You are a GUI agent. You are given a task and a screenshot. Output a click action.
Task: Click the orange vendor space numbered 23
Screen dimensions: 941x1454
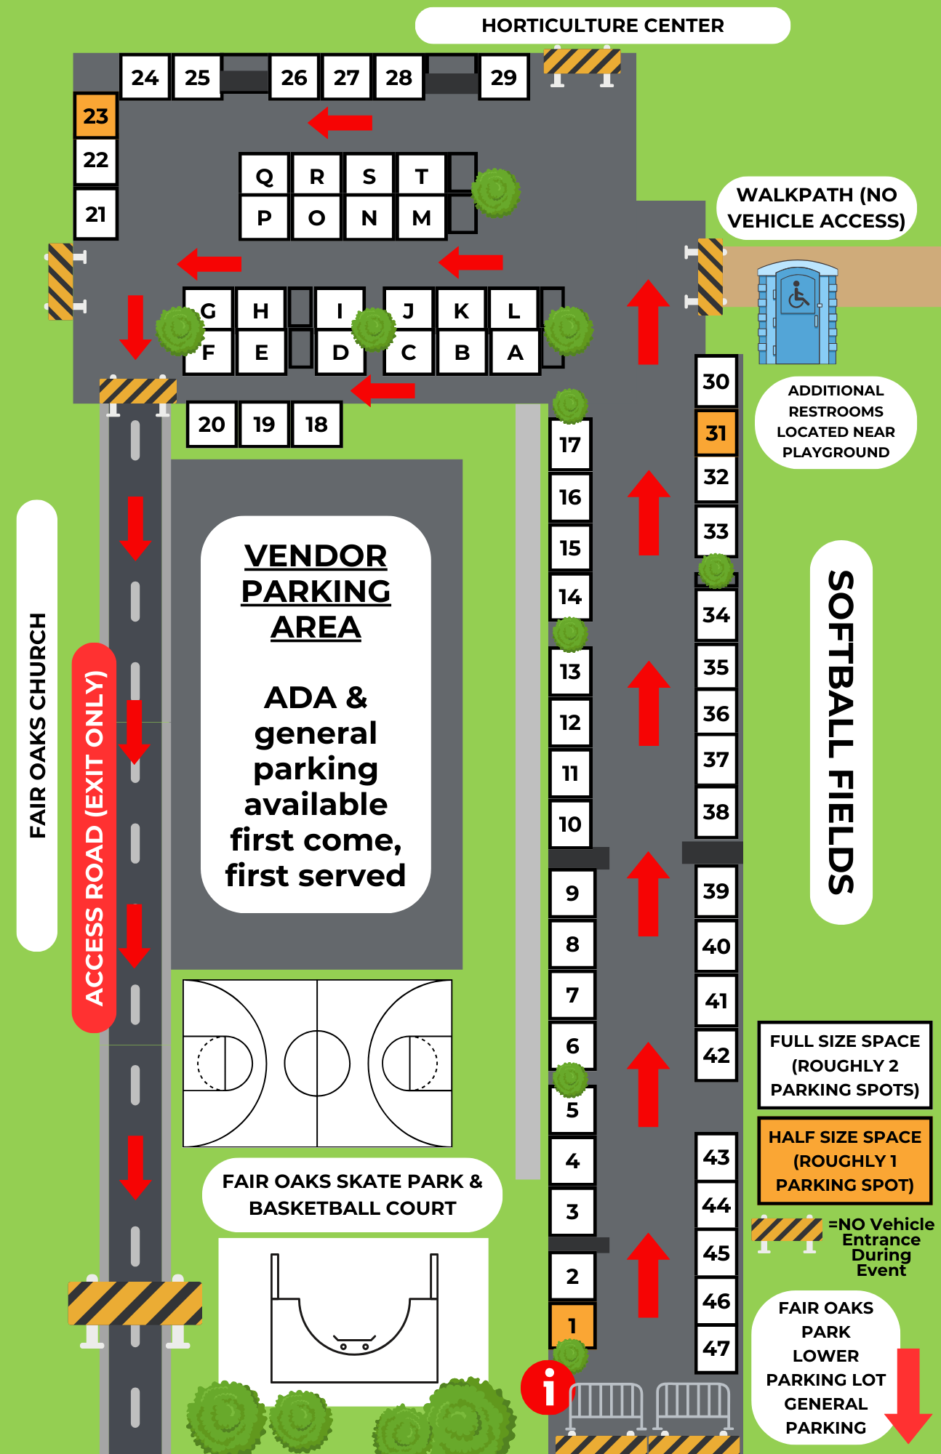(x=95, y=116)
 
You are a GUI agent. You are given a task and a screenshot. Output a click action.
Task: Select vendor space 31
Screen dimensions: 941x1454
(x=716, y=433)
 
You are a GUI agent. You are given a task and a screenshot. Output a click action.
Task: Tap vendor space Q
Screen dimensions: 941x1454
(x=265, y=175)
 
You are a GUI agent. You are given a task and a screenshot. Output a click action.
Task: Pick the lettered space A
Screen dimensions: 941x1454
(x=515, y=353)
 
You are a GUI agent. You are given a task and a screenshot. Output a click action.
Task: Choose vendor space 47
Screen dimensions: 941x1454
(x=716, y=1349)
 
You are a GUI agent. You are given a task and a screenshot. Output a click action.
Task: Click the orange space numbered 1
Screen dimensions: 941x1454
(x=572, y=1325)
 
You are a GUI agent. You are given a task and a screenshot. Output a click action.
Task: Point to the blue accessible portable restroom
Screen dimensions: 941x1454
(x=798, y=313)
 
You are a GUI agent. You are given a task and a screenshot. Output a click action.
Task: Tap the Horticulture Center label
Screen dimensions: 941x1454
(x=603, y=25)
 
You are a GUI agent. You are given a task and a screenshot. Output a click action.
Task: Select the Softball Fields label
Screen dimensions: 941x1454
(x=841, y=732)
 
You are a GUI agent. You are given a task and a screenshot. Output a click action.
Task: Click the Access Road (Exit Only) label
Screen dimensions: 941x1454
(x=95, y=838)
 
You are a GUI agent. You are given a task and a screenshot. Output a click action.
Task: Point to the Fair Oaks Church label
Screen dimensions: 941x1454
(x=37, y=726)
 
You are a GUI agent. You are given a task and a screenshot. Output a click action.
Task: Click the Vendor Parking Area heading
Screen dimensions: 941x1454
(x=316, y=591)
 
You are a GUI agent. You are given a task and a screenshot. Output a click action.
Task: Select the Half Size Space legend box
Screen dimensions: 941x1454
(x=845, y=1161)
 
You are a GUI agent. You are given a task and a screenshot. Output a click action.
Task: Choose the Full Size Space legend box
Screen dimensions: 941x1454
(x=845, y=1065)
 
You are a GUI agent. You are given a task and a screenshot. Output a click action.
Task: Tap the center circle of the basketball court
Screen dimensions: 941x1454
(x=317, y=1063)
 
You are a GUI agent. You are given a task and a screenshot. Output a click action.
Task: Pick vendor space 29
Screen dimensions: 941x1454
(x=503, y=77)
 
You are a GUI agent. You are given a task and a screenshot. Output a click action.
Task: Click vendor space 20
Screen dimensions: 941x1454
(x=212, y=424)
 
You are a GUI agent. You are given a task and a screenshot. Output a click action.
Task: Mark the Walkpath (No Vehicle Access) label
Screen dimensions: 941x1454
(x=817, y=208)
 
